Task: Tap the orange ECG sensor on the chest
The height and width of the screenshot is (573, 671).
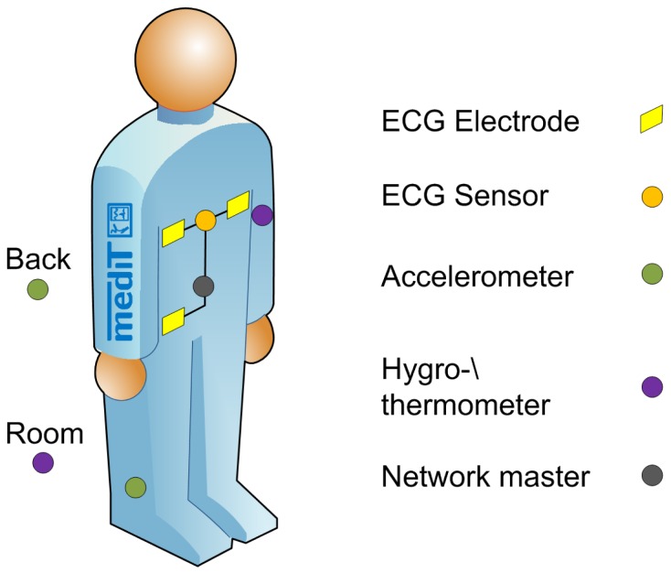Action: point(206,221)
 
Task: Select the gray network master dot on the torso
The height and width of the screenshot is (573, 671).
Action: point(205,286)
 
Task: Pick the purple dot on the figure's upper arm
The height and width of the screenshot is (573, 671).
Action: point(262,216)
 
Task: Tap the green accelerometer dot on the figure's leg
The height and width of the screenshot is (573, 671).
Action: point(135,487)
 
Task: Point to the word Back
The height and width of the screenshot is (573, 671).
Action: point(37,259)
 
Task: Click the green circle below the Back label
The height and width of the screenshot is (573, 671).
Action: point(37,290)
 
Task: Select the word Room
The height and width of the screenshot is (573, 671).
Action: point(43,432)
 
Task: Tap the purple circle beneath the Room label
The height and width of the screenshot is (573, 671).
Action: point(42,462)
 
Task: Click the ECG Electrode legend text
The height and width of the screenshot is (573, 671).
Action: point(480,121)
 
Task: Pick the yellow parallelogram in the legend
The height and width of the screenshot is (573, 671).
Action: point(651,121)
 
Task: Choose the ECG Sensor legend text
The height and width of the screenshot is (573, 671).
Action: point(464,196)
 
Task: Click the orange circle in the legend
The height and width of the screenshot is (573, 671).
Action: point(651,196)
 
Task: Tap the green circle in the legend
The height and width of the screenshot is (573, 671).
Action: point(651,273)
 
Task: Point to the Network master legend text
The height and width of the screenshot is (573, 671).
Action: point(485,476)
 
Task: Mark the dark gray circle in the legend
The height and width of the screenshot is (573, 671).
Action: point(651,476)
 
